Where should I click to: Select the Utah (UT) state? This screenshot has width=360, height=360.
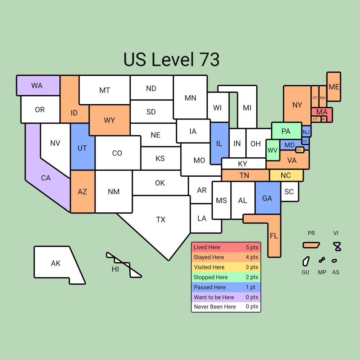82,148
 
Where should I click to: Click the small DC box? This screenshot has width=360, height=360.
300,150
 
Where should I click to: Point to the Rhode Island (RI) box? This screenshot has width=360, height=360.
324,119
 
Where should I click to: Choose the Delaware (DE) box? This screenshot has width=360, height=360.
305,141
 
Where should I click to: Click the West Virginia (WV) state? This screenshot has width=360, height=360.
273,150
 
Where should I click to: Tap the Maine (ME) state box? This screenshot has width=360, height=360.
334,87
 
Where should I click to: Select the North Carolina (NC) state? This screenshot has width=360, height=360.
286,175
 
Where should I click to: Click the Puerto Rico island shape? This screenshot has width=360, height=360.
311,245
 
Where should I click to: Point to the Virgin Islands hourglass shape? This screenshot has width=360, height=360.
337,246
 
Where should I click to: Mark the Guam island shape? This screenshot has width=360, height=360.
306,261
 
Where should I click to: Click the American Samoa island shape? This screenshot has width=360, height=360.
334,261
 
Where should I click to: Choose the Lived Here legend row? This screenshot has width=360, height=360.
226,247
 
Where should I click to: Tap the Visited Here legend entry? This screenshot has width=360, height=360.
226,267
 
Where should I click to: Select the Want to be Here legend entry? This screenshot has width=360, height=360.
226,297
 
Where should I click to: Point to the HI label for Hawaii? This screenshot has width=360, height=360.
115,269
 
